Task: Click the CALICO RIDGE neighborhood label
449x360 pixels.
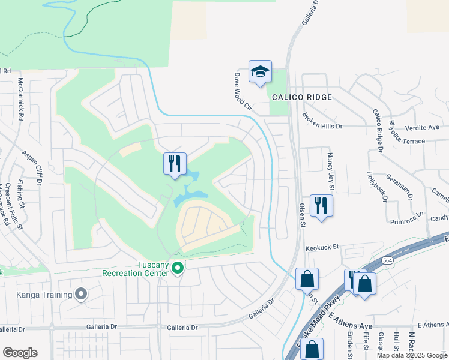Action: [302, 97]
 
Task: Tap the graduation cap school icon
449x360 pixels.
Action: [260, 72]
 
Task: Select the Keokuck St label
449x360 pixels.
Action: [322, 247]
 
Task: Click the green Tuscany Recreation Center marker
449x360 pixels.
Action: [177, 268]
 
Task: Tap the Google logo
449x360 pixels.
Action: [20, 353]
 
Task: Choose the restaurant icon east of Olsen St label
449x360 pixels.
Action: [321, 206]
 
